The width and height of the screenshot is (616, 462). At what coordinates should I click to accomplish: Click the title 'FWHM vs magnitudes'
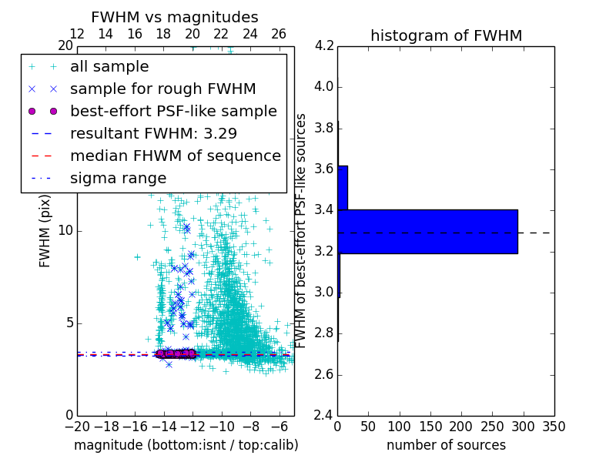coord(175,17)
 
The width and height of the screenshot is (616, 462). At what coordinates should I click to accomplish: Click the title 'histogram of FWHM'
coord(446,35)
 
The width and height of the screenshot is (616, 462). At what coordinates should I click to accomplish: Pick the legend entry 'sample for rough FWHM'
coord(162,89)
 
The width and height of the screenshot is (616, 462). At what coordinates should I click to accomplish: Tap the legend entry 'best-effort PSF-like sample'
coord(173,111)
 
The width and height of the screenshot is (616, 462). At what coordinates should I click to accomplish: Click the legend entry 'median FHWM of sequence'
coord(175,156)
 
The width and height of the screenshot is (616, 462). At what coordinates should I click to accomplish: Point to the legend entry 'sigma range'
coord(118,178)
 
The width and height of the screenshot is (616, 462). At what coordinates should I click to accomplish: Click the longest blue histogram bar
coord(427,231)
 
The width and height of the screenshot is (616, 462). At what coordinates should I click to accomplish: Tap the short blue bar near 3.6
coord(343,187)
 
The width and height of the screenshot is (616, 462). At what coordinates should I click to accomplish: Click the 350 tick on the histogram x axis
coord(554,427)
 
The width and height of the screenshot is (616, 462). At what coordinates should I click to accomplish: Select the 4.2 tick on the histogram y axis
coord(323,45)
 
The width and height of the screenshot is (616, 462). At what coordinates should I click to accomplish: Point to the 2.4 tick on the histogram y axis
coord(323,416)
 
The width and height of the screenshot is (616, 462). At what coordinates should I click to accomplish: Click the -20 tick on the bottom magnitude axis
coord(77,427)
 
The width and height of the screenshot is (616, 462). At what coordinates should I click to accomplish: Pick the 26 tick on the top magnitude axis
coord(279,34)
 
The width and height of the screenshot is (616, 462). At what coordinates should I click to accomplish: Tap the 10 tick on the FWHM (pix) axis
coord(65,231)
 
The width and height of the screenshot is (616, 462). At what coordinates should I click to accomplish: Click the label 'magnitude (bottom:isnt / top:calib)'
coord(186,445)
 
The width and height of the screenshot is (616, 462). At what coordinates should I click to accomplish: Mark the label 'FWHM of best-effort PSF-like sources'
coord(302,230)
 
